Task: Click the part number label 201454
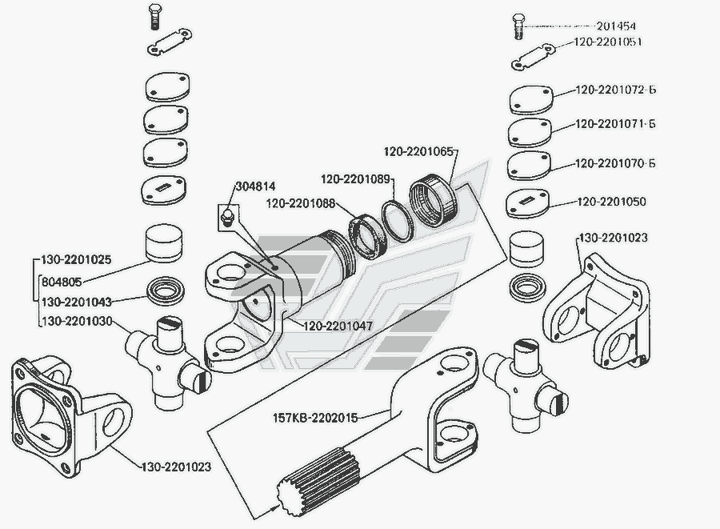621,26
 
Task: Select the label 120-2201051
607,42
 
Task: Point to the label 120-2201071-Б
615,125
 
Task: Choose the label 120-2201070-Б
615,164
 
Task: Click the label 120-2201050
610,202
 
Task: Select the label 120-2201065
418,150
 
